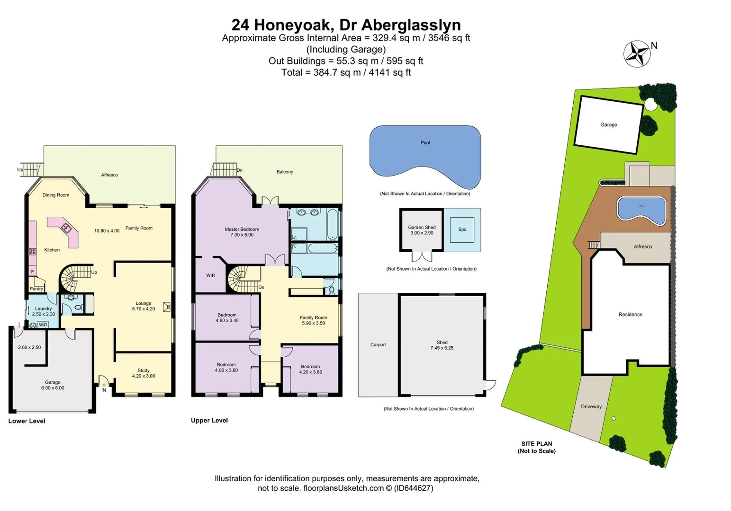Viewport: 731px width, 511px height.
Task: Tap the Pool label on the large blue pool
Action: [425, 142]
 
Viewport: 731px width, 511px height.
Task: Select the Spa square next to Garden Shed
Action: [462, 229]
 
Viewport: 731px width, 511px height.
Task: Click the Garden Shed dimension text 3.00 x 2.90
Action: [422, 233]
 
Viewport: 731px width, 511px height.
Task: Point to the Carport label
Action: [378, 344]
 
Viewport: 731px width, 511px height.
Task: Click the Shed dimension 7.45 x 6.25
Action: [442, 348]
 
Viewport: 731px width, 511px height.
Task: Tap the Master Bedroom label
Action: [242, 229]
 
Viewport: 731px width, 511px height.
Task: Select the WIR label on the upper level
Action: [210, 275]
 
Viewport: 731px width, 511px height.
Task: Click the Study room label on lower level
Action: [144, 370]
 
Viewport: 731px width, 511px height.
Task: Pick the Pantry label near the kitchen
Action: [36, 289]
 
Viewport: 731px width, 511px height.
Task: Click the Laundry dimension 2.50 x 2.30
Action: [43, 314]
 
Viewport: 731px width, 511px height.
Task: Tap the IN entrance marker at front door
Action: [103, 390]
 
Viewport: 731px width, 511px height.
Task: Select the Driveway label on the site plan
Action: [591, 406]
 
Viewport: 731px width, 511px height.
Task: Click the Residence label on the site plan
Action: [630, 314]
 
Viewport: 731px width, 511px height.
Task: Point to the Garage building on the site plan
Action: [608, 125]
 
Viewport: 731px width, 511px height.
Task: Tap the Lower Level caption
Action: [27, 421]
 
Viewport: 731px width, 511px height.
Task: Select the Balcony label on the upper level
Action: [284, 172]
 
